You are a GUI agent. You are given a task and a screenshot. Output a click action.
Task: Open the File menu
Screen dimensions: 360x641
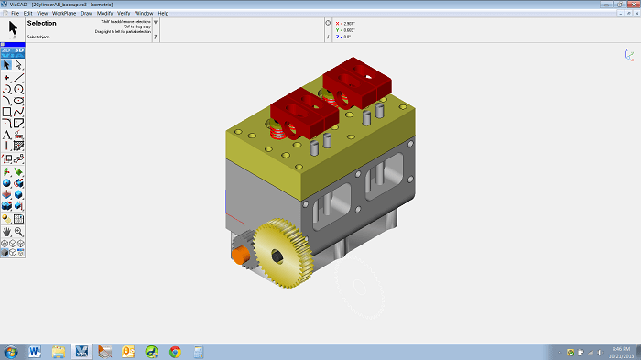[15, 14]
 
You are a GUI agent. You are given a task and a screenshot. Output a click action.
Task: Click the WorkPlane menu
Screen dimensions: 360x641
[64, 14]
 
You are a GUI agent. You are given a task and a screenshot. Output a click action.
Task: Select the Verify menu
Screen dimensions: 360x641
[124, 14]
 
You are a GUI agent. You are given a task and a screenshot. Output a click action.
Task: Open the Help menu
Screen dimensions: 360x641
[163, 14]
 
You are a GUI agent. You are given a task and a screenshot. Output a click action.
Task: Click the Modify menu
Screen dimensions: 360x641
[105, 14]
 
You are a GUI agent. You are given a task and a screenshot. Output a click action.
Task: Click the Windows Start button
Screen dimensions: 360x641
[11, 352]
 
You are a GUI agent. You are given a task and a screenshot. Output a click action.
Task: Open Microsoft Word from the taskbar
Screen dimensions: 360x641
[36, 352]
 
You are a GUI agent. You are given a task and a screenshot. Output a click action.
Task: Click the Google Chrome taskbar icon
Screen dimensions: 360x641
[175, 352]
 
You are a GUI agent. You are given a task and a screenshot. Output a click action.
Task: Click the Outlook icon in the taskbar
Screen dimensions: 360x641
[128, 352]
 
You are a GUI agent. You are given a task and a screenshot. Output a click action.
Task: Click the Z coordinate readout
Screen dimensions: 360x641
[345, 38]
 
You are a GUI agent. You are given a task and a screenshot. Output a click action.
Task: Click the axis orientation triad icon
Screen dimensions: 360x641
[630, 56]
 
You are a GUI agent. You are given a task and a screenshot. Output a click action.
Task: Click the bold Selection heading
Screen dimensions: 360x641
[41, 23]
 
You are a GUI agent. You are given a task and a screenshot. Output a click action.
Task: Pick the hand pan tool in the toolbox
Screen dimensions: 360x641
[7, 231]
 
